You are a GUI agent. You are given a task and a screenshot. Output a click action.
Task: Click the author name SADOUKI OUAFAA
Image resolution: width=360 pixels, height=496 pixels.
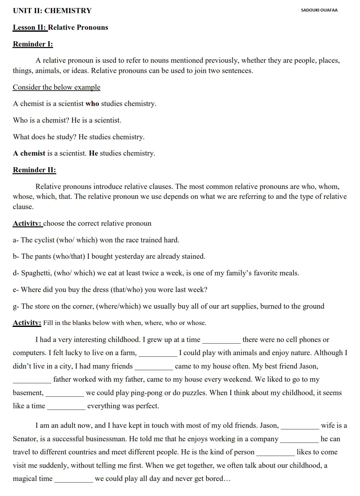pyautogui.click(x=319, y=10)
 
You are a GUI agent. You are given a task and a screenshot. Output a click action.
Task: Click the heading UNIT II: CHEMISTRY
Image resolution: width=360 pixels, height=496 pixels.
pyautogui.click(x=52, y=11)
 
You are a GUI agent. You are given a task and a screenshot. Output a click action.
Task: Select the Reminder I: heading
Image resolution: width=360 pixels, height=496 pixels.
pyautogui.click(x=33, y=44)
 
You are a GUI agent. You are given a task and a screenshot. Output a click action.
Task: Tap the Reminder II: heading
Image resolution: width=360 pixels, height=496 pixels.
pyautogui.click(x=34, y=170)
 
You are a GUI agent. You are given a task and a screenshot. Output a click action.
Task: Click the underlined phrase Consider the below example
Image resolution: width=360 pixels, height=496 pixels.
pyautogui.click(x=56, y=87)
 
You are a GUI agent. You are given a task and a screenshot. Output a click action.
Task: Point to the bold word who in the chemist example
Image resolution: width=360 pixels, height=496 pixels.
pyautogui.click(x=92, y=104)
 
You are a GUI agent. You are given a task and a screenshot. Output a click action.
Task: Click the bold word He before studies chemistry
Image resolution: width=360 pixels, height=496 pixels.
pyautogui.click(x=93, y=153)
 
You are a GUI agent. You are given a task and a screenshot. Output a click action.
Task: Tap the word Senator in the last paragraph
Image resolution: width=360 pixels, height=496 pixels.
pyautogui.click(x=25, y=439)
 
